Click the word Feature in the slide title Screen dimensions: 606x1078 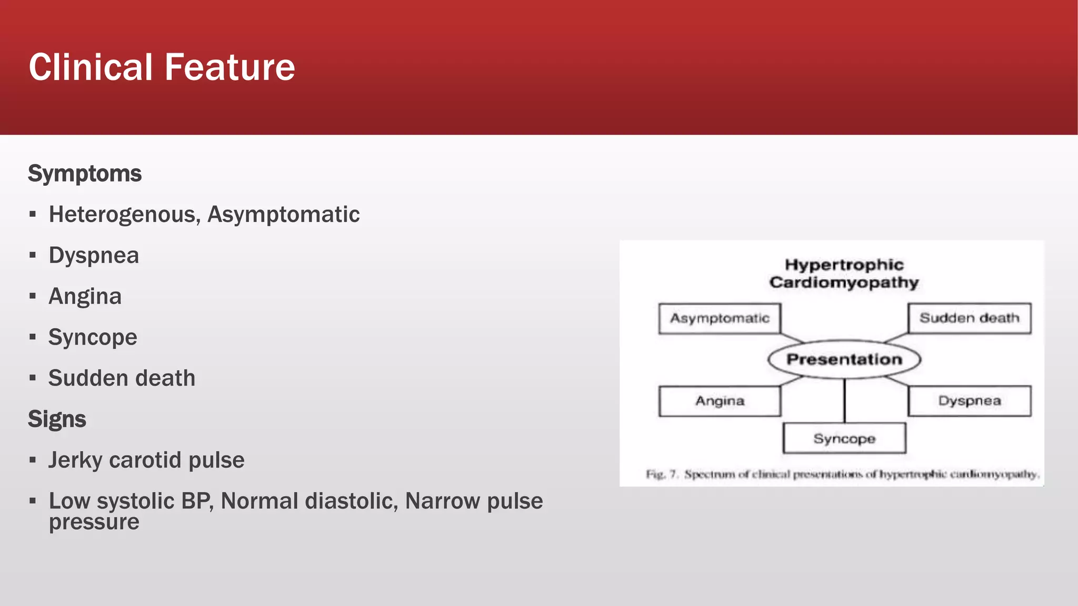click(229, 67)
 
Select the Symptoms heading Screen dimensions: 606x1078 click(85, 174)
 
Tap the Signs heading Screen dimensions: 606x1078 click(57, 419)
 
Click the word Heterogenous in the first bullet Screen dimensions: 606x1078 click(124, 215)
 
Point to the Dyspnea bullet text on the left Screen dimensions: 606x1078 click(94, 256)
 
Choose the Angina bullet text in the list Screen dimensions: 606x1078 click(85, 297)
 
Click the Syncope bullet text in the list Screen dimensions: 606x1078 click(93, 337)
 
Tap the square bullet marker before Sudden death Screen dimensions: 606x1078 click(33, 378)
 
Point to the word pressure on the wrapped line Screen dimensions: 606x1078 click(94, 522)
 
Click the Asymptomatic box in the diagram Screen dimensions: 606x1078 click(720, 318)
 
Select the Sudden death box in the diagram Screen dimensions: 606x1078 click(969, 318)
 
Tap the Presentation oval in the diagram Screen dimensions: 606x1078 click(844, 359)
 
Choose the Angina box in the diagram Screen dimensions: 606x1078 click(720, 401)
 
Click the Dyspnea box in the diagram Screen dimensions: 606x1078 click(969, 401)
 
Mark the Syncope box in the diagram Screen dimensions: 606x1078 click(844, 438)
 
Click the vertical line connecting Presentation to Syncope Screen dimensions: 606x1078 click(844, 401)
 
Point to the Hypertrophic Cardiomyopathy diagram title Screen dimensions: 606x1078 click(844, 274)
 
